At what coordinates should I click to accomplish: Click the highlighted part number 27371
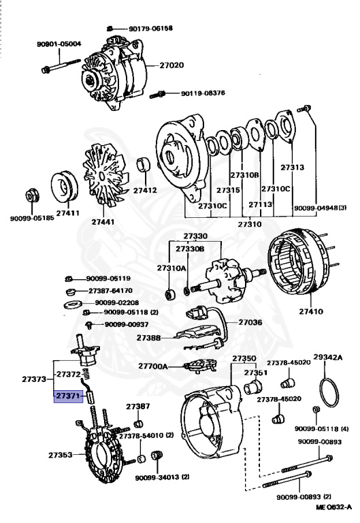click(x=69, y=395)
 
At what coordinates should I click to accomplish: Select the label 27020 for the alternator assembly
click(x=171, y=65)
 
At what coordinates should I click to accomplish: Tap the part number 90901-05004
click(x=59, y=44)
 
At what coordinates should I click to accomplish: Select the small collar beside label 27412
click(x=144, y=165)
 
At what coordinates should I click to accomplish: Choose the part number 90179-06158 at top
click(x=150, y=29)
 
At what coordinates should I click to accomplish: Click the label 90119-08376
click(x=203, y=93)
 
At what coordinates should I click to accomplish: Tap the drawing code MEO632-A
click(x=333, y=507)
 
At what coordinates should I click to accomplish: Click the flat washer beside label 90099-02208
click(x=70, y=302)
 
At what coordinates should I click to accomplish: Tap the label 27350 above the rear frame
click(x=244, y=358)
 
